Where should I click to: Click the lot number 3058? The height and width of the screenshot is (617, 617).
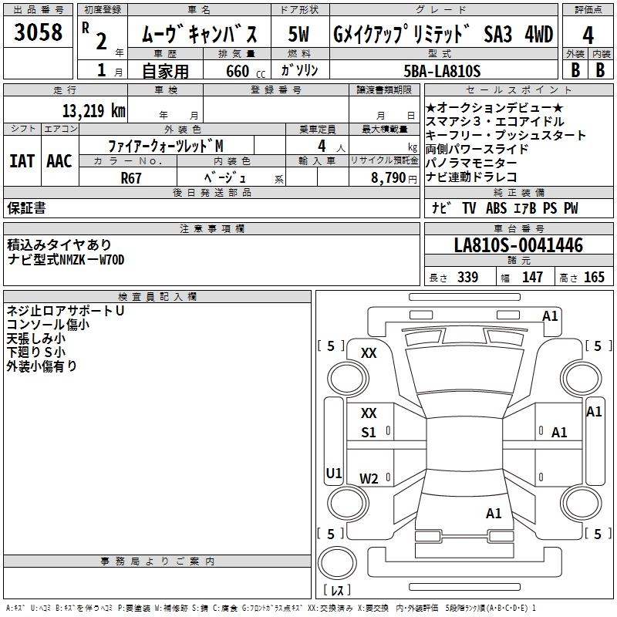point(39,33)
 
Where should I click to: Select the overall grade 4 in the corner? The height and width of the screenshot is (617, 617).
point(588,35)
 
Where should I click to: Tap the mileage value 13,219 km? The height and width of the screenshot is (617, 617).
point(94,110)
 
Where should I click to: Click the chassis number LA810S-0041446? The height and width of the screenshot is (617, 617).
point(518,246)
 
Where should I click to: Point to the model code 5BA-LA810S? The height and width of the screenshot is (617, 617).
point(442,71)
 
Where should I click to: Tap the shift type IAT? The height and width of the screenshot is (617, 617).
point(22,161)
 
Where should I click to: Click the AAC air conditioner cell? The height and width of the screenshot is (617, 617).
point(59,161)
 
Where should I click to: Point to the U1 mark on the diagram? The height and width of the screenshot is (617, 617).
point(333,473)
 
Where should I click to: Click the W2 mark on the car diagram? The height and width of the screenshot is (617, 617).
point(369,479)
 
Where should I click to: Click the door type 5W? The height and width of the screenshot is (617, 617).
point(299,35)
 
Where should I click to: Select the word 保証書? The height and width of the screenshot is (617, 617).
point(26,207)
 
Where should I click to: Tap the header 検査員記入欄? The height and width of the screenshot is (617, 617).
point(157,296)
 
